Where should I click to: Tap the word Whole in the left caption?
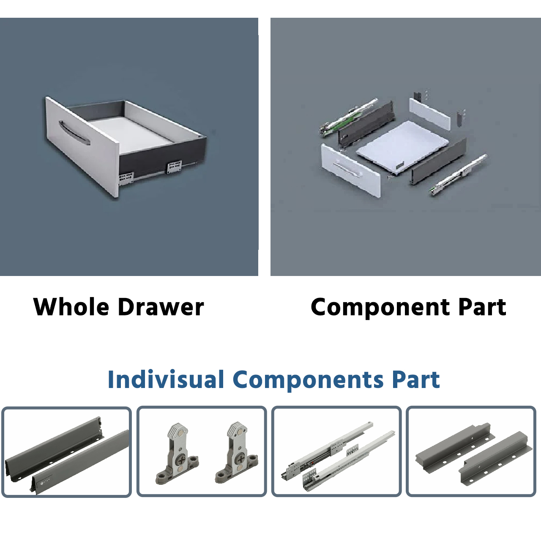coord(71,307)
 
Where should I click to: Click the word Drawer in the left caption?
coord(161,307)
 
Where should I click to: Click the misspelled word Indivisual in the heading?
coord(166,379)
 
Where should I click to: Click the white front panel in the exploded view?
coord(351,170)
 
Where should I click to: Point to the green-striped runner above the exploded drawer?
coord(348,117)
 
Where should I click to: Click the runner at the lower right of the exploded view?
coord(458,174)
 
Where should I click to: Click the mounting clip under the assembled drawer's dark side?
coord(174,167)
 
